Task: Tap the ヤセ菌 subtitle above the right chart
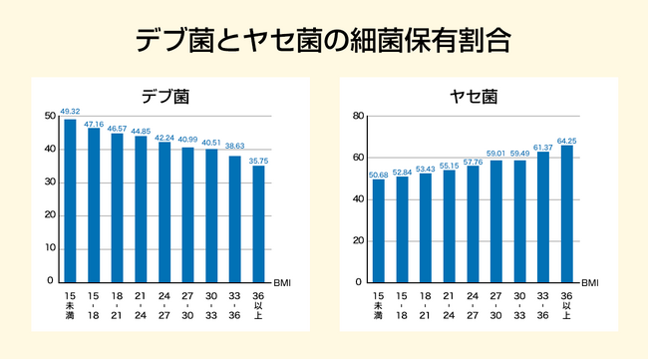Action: click(475, 97)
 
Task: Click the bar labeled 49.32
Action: click(70, 199)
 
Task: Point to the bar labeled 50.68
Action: click(378, 229)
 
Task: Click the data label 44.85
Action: click(141, 131)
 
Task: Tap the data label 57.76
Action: click(473, 160)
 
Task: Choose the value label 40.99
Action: click(187, 139)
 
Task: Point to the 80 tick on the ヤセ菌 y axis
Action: click(358, 117)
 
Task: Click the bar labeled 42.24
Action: click(164, 211)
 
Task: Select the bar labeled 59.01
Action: click(495, 220)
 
